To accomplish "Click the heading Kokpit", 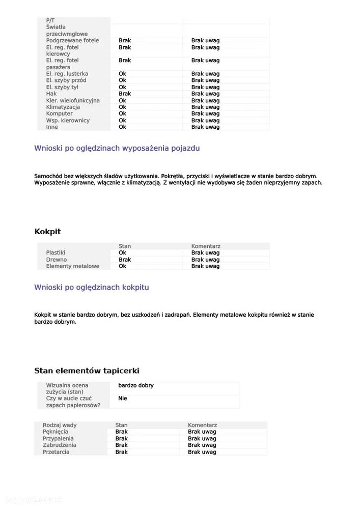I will tap(47, 232).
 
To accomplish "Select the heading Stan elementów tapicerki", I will tap(87, 371).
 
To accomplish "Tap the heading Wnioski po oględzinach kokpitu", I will tap(92, 288).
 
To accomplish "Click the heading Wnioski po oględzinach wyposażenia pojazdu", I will tap(117, 149).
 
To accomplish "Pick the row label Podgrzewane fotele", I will tap(72, 41).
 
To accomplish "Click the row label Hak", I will tap(51, 94).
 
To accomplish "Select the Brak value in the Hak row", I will tap(125, 94).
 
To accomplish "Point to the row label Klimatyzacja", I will tap(63, 107).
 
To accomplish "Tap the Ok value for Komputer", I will tap(122, 114).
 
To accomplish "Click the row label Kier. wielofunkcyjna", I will tap(73, 101).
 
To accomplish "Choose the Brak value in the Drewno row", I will tap(125, 260).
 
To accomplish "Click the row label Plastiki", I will tap(56, 253).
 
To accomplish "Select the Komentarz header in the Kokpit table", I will tap(206, 246).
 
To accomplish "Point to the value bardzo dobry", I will tap(136, 386).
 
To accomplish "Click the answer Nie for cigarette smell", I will tap(122, 399).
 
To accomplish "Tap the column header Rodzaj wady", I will tap(60, 426).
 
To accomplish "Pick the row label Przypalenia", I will tap(58, 439).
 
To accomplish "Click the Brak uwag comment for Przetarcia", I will tap(202, 452).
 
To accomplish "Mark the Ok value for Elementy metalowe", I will tap(122, 266).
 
